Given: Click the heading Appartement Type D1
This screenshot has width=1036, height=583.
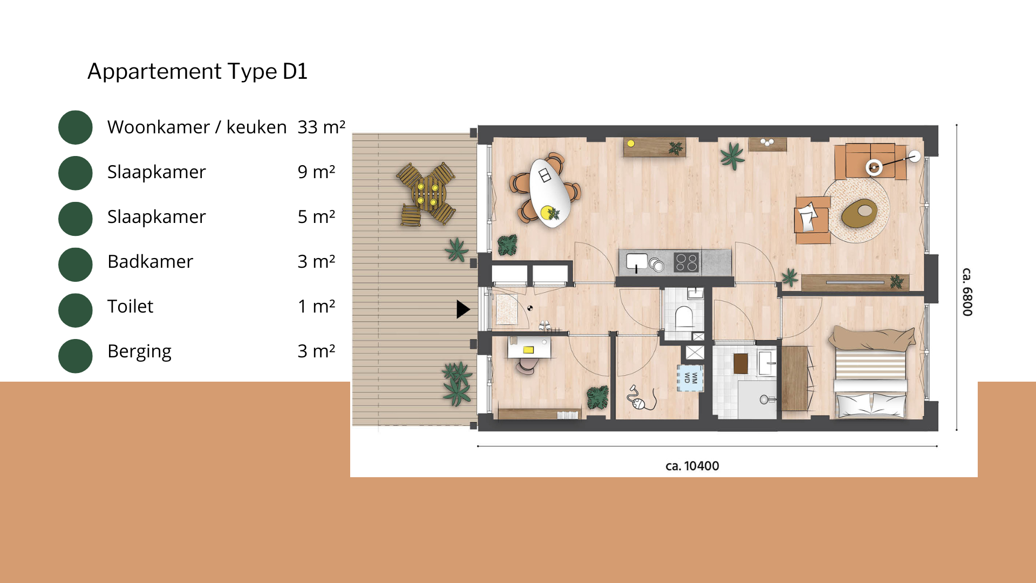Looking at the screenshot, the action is [x=197, y=71].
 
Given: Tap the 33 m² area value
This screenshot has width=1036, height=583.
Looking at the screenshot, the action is [x=322, y=127].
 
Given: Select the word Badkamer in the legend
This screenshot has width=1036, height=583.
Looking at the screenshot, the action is [x=150, y=261].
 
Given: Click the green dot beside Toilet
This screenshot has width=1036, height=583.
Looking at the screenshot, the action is [x=76, y=310].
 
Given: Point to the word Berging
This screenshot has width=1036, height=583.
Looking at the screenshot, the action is [x=139, y=351].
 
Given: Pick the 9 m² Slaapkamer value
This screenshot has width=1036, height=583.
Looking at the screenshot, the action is [x=317, y=172].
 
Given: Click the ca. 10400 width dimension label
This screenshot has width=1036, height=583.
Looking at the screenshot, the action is [x=692, y=466].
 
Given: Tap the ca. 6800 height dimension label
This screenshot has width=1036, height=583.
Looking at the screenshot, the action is [x=967, y=292].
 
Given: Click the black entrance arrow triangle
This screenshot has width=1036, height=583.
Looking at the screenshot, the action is [x=463, y=309].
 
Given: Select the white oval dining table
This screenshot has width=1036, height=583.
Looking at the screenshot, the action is [x=549, y=193].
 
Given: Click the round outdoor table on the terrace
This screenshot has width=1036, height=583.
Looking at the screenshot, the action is [x=427, y=194].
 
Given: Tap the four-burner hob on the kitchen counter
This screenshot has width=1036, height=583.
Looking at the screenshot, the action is [x=686, y=262].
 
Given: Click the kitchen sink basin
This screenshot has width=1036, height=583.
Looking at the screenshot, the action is [x=637, y=261].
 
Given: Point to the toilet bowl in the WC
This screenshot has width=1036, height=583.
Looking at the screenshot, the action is [x=684, y=317].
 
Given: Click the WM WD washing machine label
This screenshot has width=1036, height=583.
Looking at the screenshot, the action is [x=691, y=378].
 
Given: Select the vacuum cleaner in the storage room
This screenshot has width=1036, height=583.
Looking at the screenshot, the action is [x=640, y=398].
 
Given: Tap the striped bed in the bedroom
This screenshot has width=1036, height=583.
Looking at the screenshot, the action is [x=870, y=372].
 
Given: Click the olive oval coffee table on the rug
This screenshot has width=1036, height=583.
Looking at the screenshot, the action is [x=860, y=213].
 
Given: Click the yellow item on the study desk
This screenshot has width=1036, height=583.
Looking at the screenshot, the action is [x=528, y=350].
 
